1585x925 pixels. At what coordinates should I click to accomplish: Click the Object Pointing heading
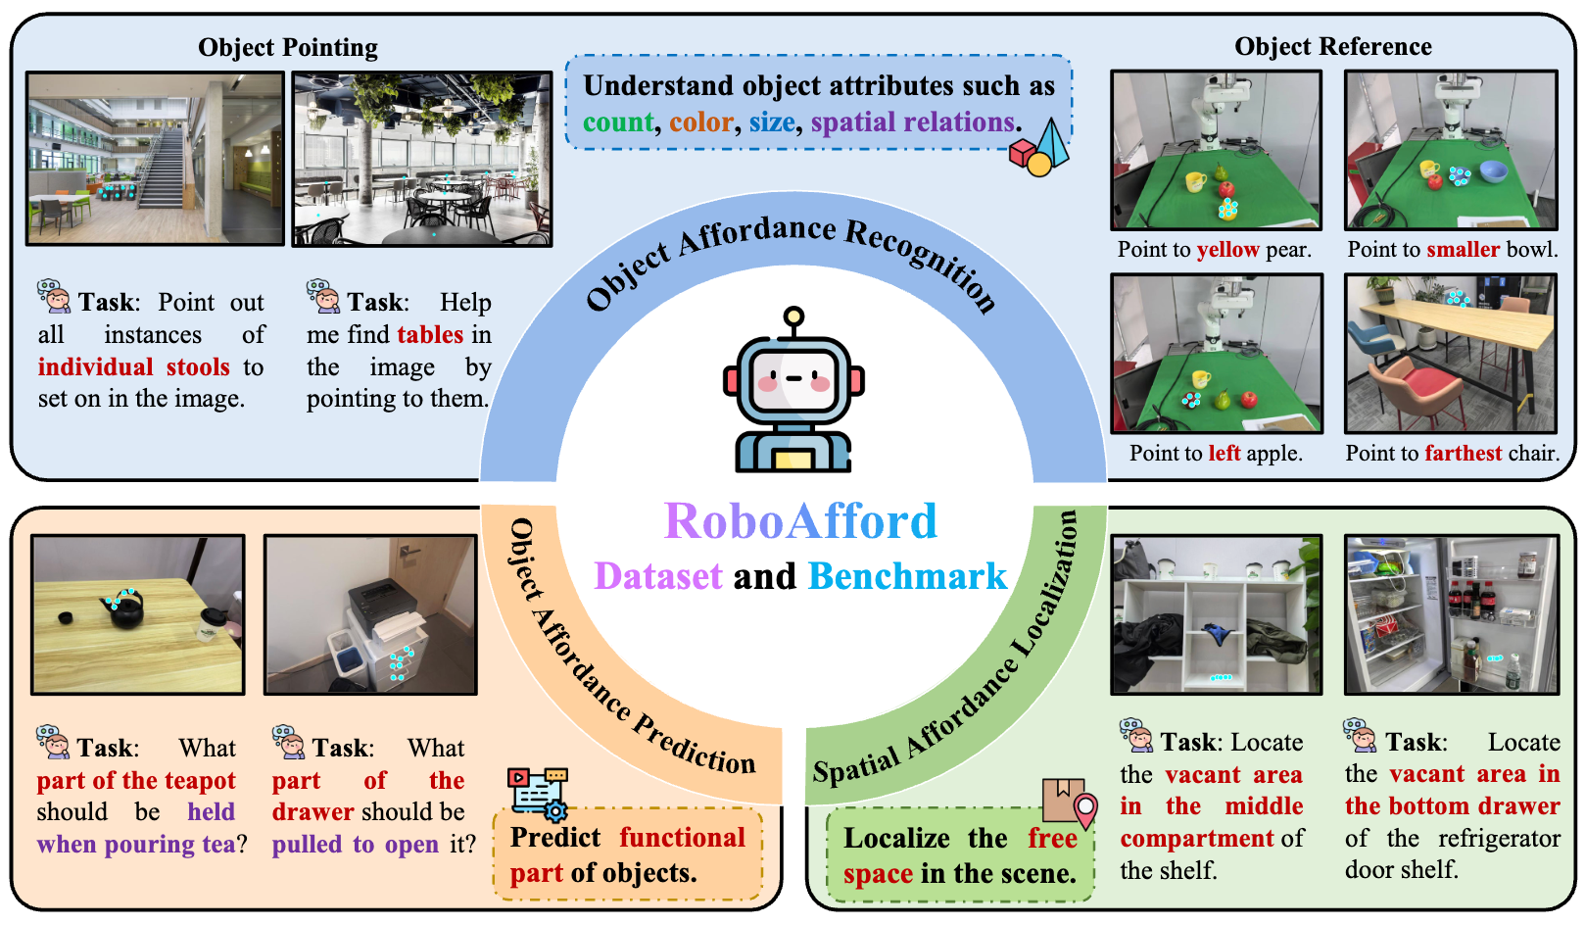click(x=287, y=47)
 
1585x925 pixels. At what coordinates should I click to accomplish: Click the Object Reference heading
click(x=1332, y=46)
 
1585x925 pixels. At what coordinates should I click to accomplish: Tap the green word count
click(x=618, y=122)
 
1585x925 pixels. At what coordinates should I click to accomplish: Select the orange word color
click(x=701, y=122)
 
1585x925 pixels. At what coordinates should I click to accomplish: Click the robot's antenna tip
click(x=793, y=316)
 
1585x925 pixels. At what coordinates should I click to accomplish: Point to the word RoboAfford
click(x=800, y=521)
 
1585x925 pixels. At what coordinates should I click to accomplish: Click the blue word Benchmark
click(x=907, y=576)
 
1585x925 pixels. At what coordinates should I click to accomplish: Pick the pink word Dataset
click(x=658, y=576)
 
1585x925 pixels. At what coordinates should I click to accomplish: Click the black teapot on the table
click(x=125, y=609)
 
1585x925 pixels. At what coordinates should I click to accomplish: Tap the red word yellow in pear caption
click(x=1227, y=250)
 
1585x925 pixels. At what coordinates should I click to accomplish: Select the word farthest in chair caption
click(x=1463, y=454)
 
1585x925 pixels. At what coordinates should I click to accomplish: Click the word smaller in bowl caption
click(x=1463, y=250)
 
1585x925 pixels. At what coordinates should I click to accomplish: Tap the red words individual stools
click(x=133, y=367)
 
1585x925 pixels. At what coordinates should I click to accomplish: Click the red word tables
click(x=430, y=335)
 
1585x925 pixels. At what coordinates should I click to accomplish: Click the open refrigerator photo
click(x=1451, y=614)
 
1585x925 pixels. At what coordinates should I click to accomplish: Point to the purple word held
click(x=211, y=812)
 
